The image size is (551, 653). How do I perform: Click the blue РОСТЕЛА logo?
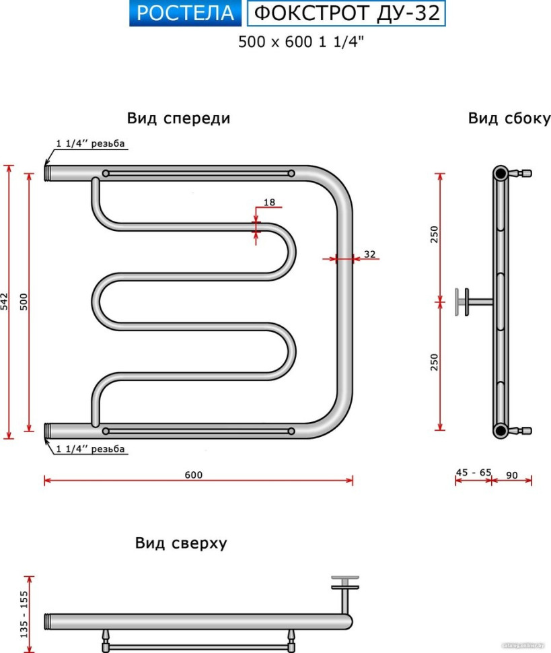185,13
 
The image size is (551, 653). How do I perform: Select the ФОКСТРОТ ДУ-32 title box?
346,13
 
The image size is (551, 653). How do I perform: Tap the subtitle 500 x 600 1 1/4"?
301,42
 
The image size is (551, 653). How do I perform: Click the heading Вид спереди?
178,118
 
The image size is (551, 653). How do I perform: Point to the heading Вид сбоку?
509,118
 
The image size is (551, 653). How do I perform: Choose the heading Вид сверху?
181,543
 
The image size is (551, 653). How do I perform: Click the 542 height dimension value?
4,301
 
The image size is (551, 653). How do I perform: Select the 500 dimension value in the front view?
24,302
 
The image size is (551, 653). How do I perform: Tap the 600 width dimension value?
194,475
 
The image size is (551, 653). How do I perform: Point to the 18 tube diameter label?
269,202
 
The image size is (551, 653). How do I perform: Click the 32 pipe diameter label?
369,254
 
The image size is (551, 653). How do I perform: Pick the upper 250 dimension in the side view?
434,234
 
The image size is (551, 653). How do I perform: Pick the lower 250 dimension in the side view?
434,362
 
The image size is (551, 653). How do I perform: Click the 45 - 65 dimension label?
474,473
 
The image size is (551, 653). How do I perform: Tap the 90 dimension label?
512,475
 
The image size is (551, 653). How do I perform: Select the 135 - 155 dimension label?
24,614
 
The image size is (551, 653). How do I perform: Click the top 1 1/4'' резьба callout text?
90,143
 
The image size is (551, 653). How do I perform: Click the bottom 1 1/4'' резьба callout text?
90,449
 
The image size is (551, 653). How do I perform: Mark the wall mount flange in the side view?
462,302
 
